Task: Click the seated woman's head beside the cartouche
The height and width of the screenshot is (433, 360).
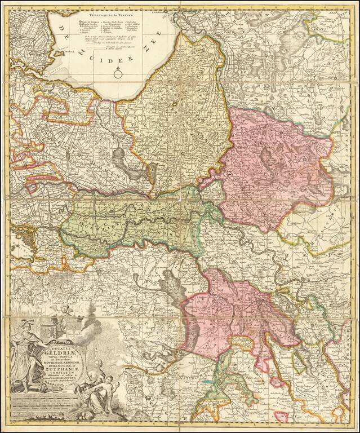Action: tap(99, 364)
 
